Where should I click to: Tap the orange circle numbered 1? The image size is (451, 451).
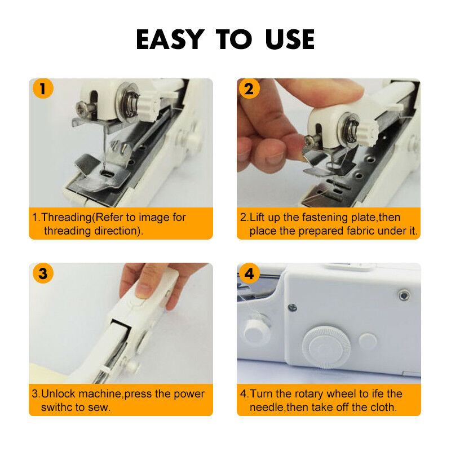point(43,89)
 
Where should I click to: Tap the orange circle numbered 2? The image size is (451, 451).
point(250,89)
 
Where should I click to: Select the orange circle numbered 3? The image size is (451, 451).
point(43,274)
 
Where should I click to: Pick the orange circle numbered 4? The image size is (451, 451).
point(250,274)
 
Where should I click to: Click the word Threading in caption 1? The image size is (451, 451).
point(67,218)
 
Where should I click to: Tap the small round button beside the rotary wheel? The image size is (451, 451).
point(368,340)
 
